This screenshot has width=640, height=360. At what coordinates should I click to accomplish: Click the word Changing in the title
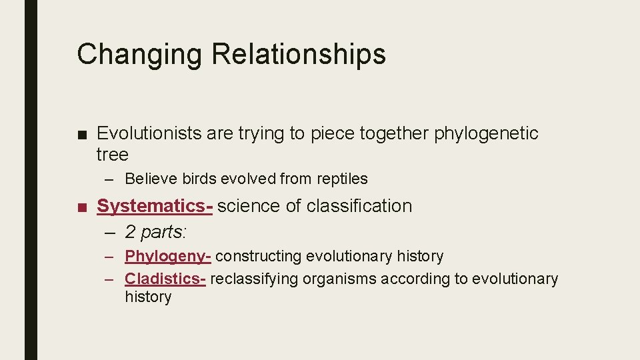coord(139,55)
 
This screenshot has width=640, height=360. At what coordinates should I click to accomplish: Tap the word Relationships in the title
coord(299,55)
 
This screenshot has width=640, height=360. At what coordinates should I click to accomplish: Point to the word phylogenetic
coord(486,133)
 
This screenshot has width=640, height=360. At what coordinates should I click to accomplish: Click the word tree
coord(112,155)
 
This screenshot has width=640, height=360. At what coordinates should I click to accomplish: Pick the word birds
coord(198,179)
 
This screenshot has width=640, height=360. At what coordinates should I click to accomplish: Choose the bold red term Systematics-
coord(155,206)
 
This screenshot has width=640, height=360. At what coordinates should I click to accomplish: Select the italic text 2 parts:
coord(157,232)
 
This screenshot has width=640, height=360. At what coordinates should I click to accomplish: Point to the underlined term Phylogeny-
coord(168,256)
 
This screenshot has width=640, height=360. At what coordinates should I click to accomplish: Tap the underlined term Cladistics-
coord(165,279)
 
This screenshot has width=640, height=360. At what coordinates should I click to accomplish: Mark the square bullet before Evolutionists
coord(81,134)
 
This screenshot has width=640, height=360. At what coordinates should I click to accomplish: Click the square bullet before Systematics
coord(81,207)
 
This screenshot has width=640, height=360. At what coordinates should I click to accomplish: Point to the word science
coord(249,206)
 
